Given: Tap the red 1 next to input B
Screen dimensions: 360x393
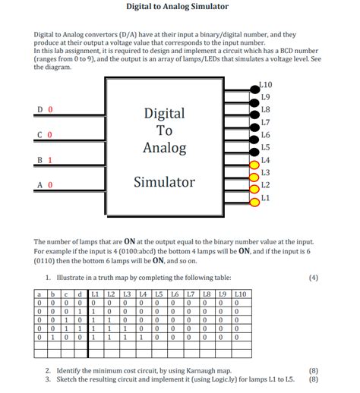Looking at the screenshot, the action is (49, 160).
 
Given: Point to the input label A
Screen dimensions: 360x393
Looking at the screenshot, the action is (39, 184).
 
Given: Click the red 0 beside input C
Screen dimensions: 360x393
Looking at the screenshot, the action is (49, 135).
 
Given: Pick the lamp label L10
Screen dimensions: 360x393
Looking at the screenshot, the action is (266, 85).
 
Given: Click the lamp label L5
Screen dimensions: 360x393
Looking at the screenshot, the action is (265, 147).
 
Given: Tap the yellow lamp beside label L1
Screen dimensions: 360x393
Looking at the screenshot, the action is (253, 200).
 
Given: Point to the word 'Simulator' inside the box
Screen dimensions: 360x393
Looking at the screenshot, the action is (164, 182).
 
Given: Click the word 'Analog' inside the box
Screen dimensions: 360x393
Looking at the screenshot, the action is (164, 147).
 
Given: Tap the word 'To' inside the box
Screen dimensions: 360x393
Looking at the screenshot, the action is (164, 130).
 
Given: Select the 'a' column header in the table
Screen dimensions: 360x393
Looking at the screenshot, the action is (38, 293).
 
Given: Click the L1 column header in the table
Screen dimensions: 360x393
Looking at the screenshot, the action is (94, 293).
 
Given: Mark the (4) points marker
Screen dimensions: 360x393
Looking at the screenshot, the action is (314, 278).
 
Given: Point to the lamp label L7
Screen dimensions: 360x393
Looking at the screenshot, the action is (265, 122).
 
